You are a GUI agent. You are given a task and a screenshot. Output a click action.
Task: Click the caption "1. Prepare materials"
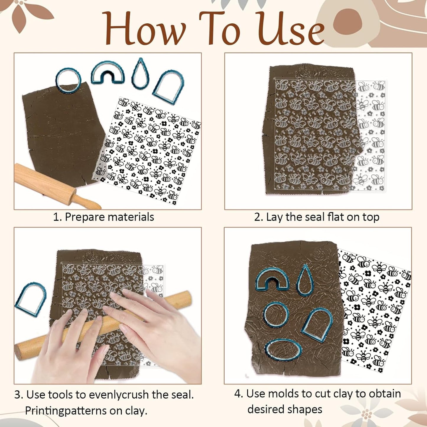tap(103, 217)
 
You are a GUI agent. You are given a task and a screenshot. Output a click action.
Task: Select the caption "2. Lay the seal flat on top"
tap(316, 217)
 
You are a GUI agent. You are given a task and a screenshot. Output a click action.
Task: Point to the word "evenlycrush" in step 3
tap(118, 395)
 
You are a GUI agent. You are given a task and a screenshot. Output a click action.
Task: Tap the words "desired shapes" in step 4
tap(285, 409)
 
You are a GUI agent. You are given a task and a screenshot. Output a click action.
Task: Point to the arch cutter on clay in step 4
tap(317, 324)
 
